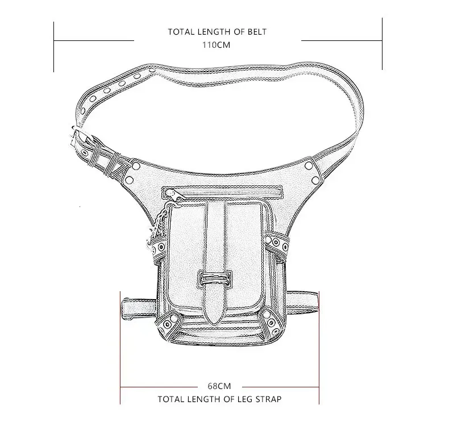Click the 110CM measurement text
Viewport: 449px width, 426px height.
(216, 45)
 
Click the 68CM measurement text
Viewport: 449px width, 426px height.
(219, 386)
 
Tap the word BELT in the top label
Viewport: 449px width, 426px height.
(257, 31)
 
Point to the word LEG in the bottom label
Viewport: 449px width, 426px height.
(246, 399)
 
